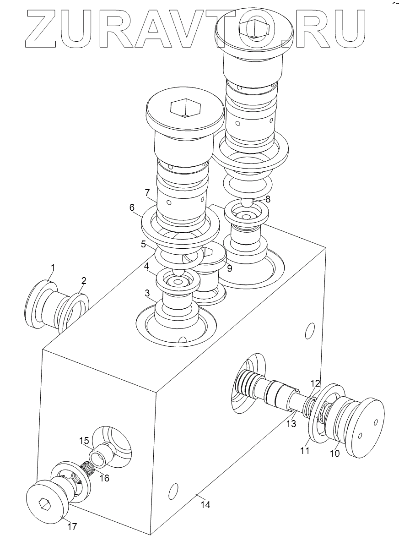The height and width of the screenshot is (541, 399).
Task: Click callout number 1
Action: pyautogui.click(x=53, y=267)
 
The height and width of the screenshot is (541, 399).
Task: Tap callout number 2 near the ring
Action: pyautogui.click(x=84, y=280)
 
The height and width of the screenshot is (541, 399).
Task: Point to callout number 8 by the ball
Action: pyautogui.click(x=268, y=199)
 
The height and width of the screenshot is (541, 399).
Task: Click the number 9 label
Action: pyautogui.click(x=229, y=268)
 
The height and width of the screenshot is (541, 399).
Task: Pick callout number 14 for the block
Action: pyautogui.click(x=205, y=505)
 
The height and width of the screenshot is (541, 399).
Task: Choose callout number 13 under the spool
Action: pyautogui.click(x=291, y=424)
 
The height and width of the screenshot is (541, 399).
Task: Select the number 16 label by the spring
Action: pyautogui.click(x=104, y=478)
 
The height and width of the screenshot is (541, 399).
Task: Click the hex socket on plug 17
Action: pyautogui.click(x=44, y=503)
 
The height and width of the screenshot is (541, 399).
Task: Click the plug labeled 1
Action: pyautogui.click(x=43, y=305)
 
